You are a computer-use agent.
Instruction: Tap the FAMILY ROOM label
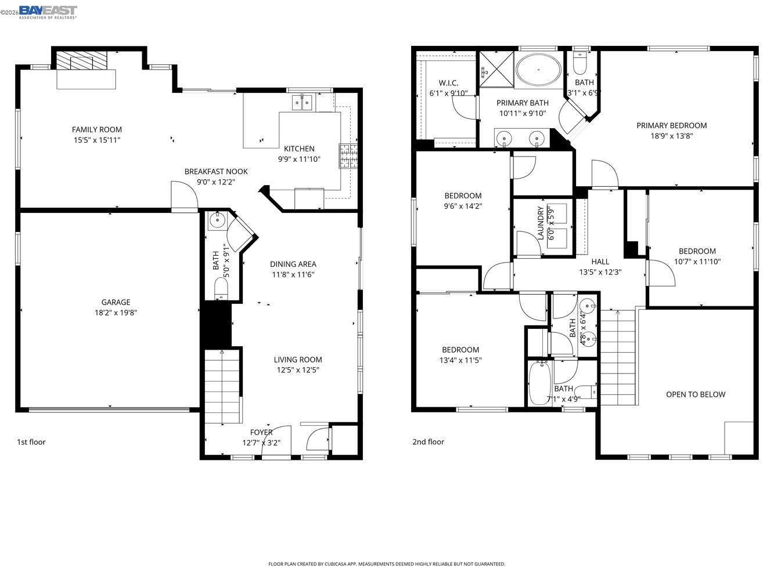97,129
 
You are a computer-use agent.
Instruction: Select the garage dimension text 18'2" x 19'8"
116,313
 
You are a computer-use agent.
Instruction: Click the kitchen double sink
302,103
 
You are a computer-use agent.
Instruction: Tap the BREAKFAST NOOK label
216,171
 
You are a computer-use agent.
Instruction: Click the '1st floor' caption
31,442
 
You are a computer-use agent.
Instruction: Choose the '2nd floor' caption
428,442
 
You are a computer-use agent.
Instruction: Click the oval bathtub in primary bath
539,70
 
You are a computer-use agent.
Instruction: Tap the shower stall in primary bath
492,65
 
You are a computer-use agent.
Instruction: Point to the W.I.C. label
448,83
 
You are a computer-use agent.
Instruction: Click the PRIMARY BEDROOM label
671,125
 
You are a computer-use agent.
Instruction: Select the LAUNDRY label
541,223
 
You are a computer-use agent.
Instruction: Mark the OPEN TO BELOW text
695,394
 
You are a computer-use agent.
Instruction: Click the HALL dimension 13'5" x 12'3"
600,271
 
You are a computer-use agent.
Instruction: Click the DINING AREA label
293,264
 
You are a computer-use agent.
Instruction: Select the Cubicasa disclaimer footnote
387,564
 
